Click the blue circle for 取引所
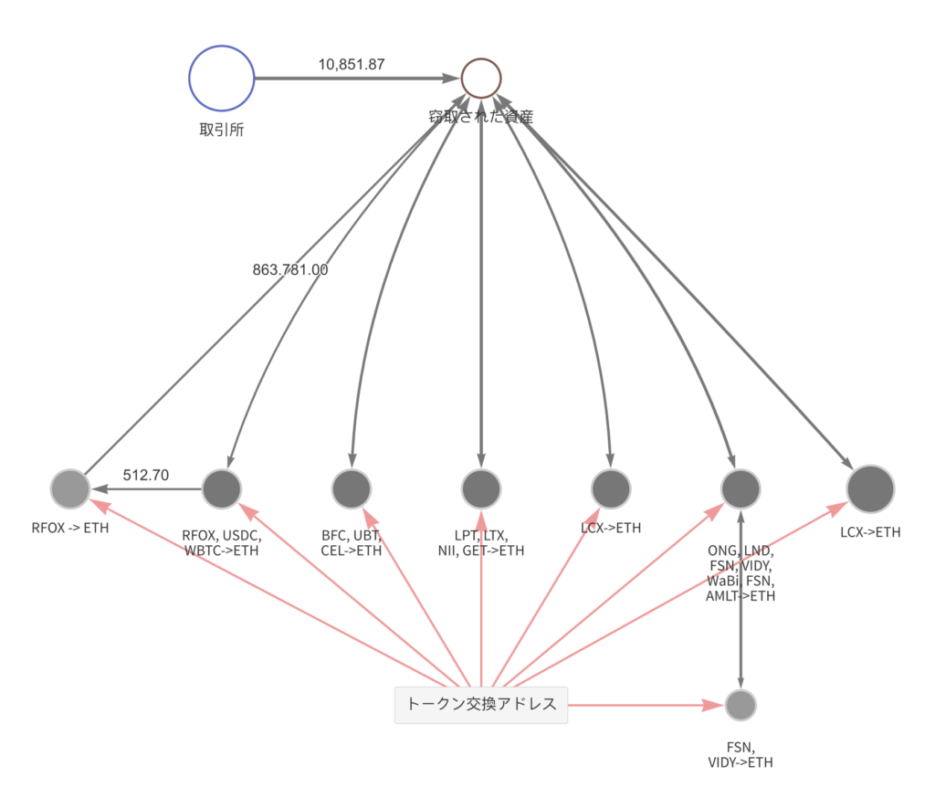click(x=222, y=79)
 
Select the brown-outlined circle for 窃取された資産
click(x=481, y=79)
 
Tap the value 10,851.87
click(x=352, y=65)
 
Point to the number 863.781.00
click(x=290, y=269)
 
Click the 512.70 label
click(x=146, y=475)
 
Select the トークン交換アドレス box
click(x=481, y=704)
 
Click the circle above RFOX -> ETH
click(x=70, y=489)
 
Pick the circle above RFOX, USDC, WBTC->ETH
click(x=222, y=489)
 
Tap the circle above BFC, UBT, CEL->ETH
click(x=352, y=489)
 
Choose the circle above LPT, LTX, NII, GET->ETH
click(x=481, y=489)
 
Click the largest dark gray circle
click(x=870, y=488)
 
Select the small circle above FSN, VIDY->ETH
click(x=741, y=705)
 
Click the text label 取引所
click(x=222, y=129)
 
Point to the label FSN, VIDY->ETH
click(x=741, y=753)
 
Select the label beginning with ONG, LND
click(x=741, y=573)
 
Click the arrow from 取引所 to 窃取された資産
click(x=356, y=79)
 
